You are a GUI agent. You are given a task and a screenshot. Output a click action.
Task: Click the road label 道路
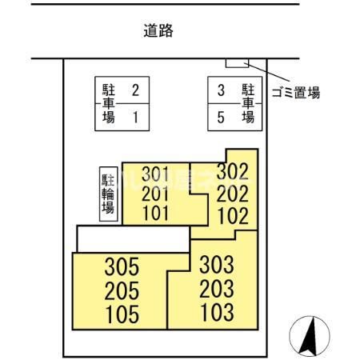158,30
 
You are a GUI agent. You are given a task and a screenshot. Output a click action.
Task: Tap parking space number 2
135,90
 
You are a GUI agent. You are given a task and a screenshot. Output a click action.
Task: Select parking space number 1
136,118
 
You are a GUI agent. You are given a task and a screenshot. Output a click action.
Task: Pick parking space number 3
221,90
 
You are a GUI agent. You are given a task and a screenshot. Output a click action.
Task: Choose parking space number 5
221,118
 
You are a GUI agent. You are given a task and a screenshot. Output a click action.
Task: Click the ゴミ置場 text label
296,93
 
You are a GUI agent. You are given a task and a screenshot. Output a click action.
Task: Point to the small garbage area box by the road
237,63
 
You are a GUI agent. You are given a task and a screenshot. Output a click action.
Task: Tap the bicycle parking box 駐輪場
109,194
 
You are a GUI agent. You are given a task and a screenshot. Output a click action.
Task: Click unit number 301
155,174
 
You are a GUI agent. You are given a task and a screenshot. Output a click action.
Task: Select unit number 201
155,194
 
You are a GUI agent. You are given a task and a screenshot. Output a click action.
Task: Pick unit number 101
156,214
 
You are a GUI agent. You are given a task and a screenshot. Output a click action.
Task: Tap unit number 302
233,172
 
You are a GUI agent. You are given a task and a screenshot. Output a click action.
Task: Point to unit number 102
233,216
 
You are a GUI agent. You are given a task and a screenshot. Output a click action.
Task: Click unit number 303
217,265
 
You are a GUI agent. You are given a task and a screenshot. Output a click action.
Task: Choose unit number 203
217,289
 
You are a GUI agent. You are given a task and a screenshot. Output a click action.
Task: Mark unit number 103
217,312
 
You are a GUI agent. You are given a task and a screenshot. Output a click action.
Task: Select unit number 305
122,266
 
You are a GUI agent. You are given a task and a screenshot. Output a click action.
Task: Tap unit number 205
122,290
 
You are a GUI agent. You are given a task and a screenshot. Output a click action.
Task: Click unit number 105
122,314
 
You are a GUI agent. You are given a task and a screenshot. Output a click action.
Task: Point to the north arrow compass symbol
310,337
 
